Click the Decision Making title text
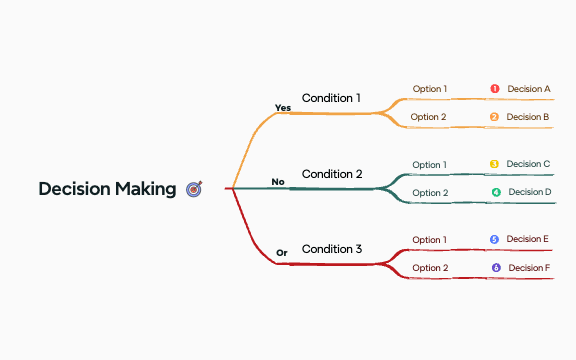[x=107, y=189]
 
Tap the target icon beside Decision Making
[x=194, y=188]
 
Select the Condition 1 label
[x=331, y=98]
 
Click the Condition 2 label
[x=332, y=174]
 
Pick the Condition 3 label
[x=332, y=249]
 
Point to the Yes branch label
[x=282, y=107]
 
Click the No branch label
[x=278, y=182]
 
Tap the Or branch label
[x=281, y=253]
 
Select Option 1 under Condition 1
[x=430, y=89]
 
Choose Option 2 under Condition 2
[x=430, y=193]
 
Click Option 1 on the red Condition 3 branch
[x=430, y=240]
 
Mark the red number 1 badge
[x=494, y=89]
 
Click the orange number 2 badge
[x=494, y=117]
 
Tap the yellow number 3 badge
[x=494, y=164]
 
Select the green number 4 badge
[x=495, y=192]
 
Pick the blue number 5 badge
[x=494, y=240]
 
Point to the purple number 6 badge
[x=496, y=268]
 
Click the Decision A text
[x=529, y=89]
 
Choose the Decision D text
[x=530, y=192]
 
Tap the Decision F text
[x=530, y=268]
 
